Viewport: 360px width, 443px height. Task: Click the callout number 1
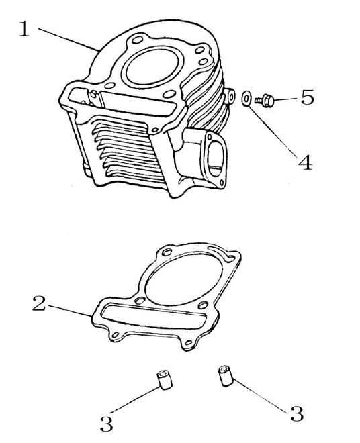tap(24, 29)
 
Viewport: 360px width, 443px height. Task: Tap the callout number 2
tap(39, 303)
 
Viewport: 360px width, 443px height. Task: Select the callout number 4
tap(305, 163)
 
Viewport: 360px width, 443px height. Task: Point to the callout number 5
tap(308, 97)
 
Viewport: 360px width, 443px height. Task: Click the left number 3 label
tap(107, 424)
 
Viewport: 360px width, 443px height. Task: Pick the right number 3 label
tap(297, 413)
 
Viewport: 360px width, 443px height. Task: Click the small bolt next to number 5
tap(265, 101)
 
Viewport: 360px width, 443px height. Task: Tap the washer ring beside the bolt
tap(246, 98)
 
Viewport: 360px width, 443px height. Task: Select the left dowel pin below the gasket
tap(164, 381)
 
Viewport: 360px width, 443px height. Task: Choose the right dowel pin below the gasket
tap(226, 375)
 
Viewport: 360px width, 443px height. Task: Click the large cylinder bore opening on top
tap(152, 67)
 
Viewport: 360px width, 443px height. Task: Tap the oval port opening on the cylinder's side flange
tap(216, 158)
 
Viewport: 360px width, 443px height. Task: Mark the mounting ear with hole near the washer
tap(230, 97)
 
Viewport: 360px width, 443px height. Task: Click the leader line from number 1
tap(68, 40)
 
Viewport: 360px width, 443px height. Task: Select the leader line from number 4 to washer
tap(272, 131)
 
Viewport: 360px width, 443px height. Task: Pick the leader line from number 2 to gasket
tap(71, 311)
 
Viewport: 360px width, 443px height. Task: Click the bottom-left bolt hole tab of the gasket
tap(115, 335)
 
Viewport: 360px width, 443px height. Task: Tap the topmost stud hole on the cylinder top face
tap(137, 40)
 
